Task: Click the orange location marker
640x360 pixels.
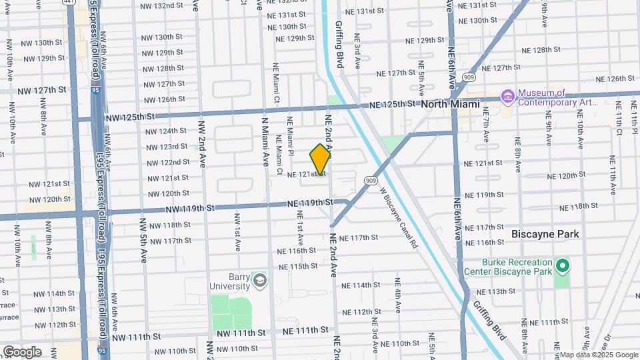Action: pyautogui.click(x=320, y=159)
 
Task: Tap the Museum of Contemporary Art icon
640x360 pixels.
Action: pyautogui.click(x=508, y=97)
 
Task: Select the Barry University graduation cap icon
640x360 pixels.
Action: pyautogui.click(x=259, y=281)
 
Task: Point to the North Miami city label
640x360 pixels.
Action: pyautogui.click(x=450, y=104)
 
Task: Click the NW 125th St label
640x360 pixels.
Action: pyautogui.click(x=131, y=116)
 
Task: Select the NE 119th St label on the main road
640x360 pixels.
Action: pyautogui.click(x=309, y=203)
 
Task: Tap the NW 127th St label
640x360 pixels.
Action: pyautogui.click(x=42, y=90)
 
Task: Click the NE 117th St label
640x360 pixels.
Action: pyautogui.click(x=359, y=237)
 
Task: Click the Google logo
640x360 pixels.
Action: pyautogui.click(x=22, y=351)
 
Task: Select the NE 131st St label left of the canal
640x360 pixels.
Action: pyautogui.click(x=287, y=15)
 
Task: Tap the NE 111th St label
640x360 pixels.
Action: pyautogui.click(x=305, y=330)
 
